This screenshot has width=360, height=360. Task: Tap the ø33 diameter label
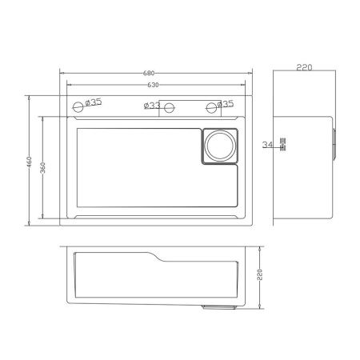(152, 105)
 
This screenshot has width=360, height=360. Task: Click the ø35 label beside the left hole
(93, 102)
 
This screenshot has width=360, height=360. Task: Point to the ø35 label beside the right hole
(225, 104)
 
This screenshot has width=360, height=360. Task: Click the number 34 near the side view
(267, 145)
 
